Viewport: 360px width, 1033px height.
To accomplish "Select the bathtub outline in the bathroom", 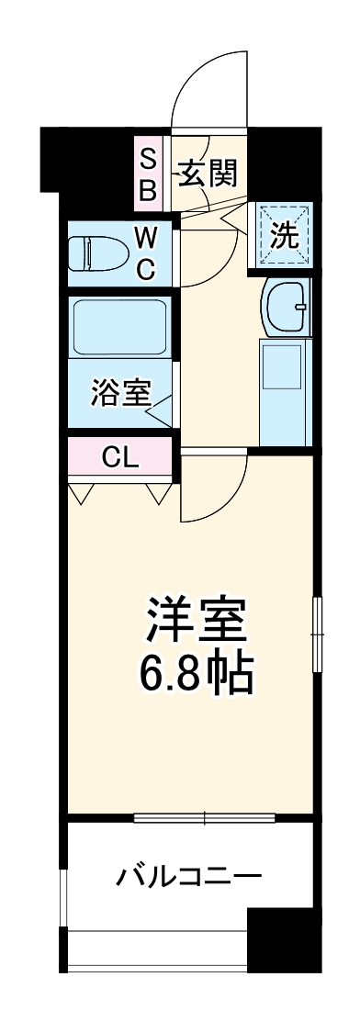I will pos(119,328).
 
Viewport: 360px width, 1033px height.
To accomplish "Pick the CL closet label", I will pos(120,457).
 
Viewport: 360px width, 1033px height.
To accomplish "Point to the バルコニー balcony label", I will pos(188,876).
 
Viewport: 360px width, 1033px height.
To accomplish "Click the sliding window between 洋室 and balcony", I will pos(205,817).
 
